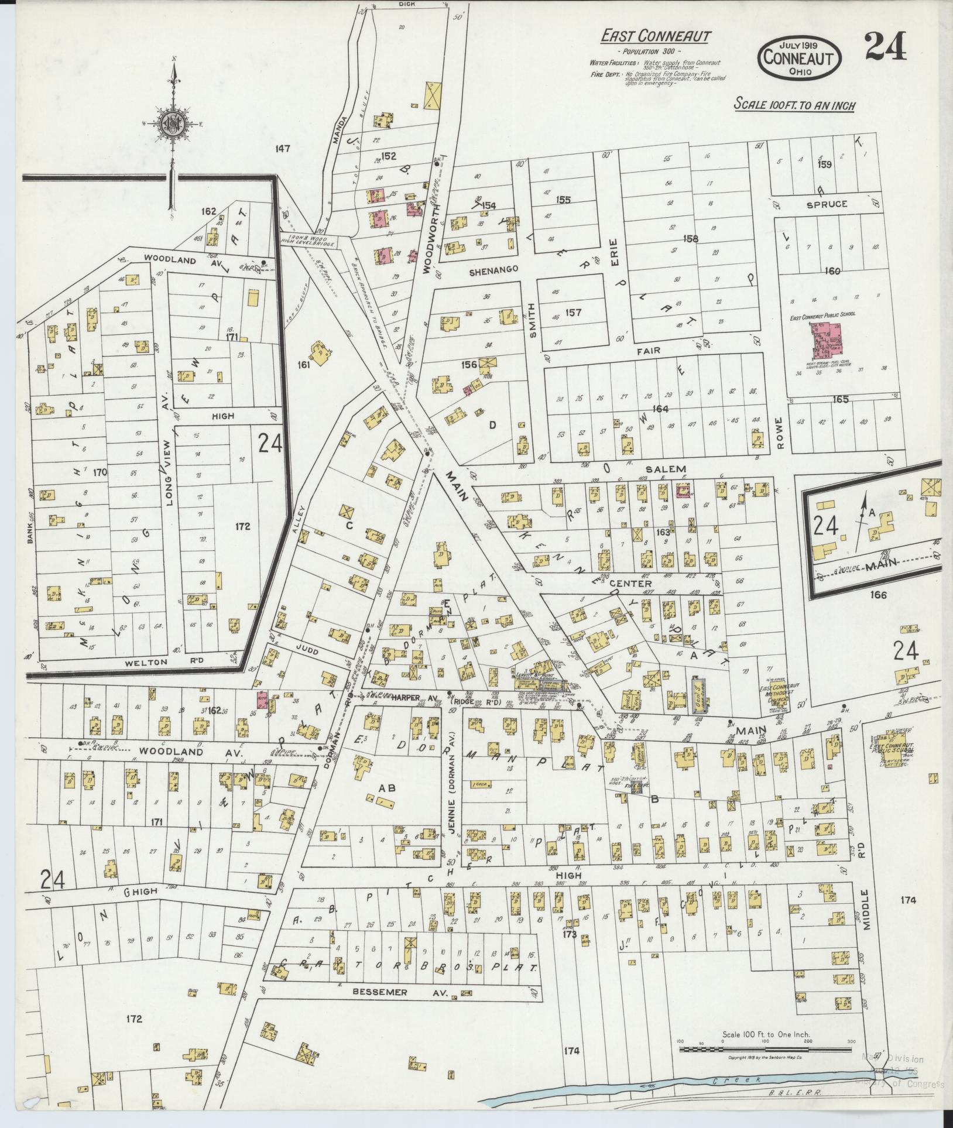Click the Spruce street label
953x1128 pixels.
(827, 204)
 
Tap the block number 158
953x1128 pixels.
(691, 239)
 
